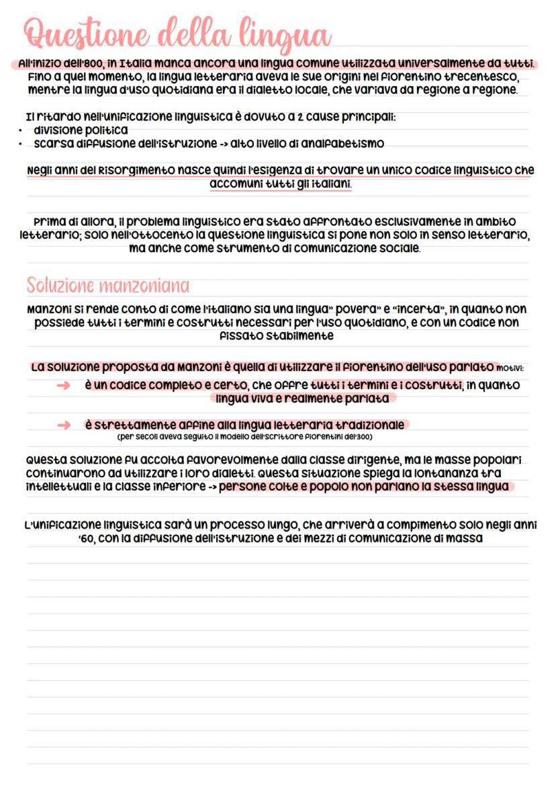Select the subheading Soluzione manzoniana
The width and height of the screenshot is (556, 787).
[x=107, y=286]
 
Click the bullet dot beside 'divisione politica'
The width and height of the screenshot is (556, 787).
[x=22, y=130]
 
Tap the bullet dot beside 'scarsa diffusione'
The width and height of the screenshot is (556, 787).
[x=22, y=144]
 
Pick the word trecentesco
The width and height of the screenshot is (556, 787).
[x=481, y=77]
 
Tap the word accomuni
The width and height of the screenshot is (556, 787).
[x=235, y=183]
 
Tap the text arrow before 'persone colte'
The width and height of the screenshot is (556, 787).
[x=210, y=487]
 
